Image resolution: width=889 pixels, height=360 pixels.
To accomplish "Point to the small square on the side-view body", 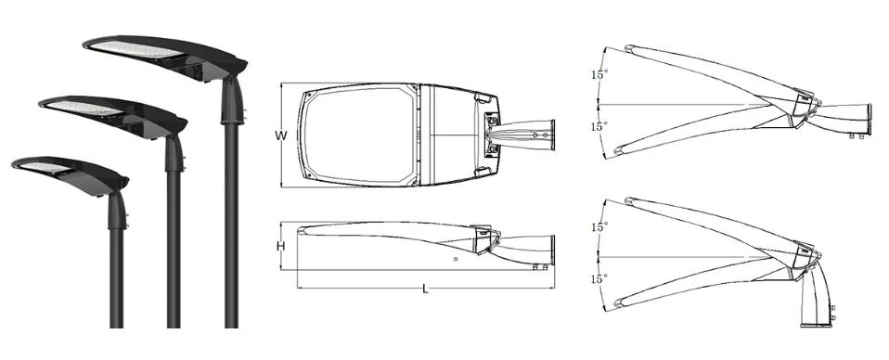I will coord(455,261).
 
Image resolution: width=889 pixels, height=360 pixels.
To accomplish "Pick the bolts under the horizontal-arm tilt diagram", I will coord(857,136).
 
